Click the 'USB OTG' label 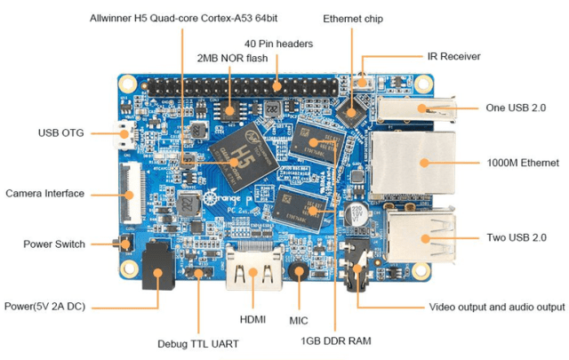click(x=60, y=134)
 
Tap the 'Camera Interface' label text click(x=44, y=193)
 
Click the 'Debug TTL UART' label click(x=197, y=343)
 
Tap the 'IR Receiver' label click(x=453, y=56)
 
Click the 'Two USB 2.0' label click(x=509, y=237)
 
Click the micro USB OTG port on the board click(x=124, y=135)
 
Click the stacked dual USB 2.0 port click(x=415, y=239)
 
